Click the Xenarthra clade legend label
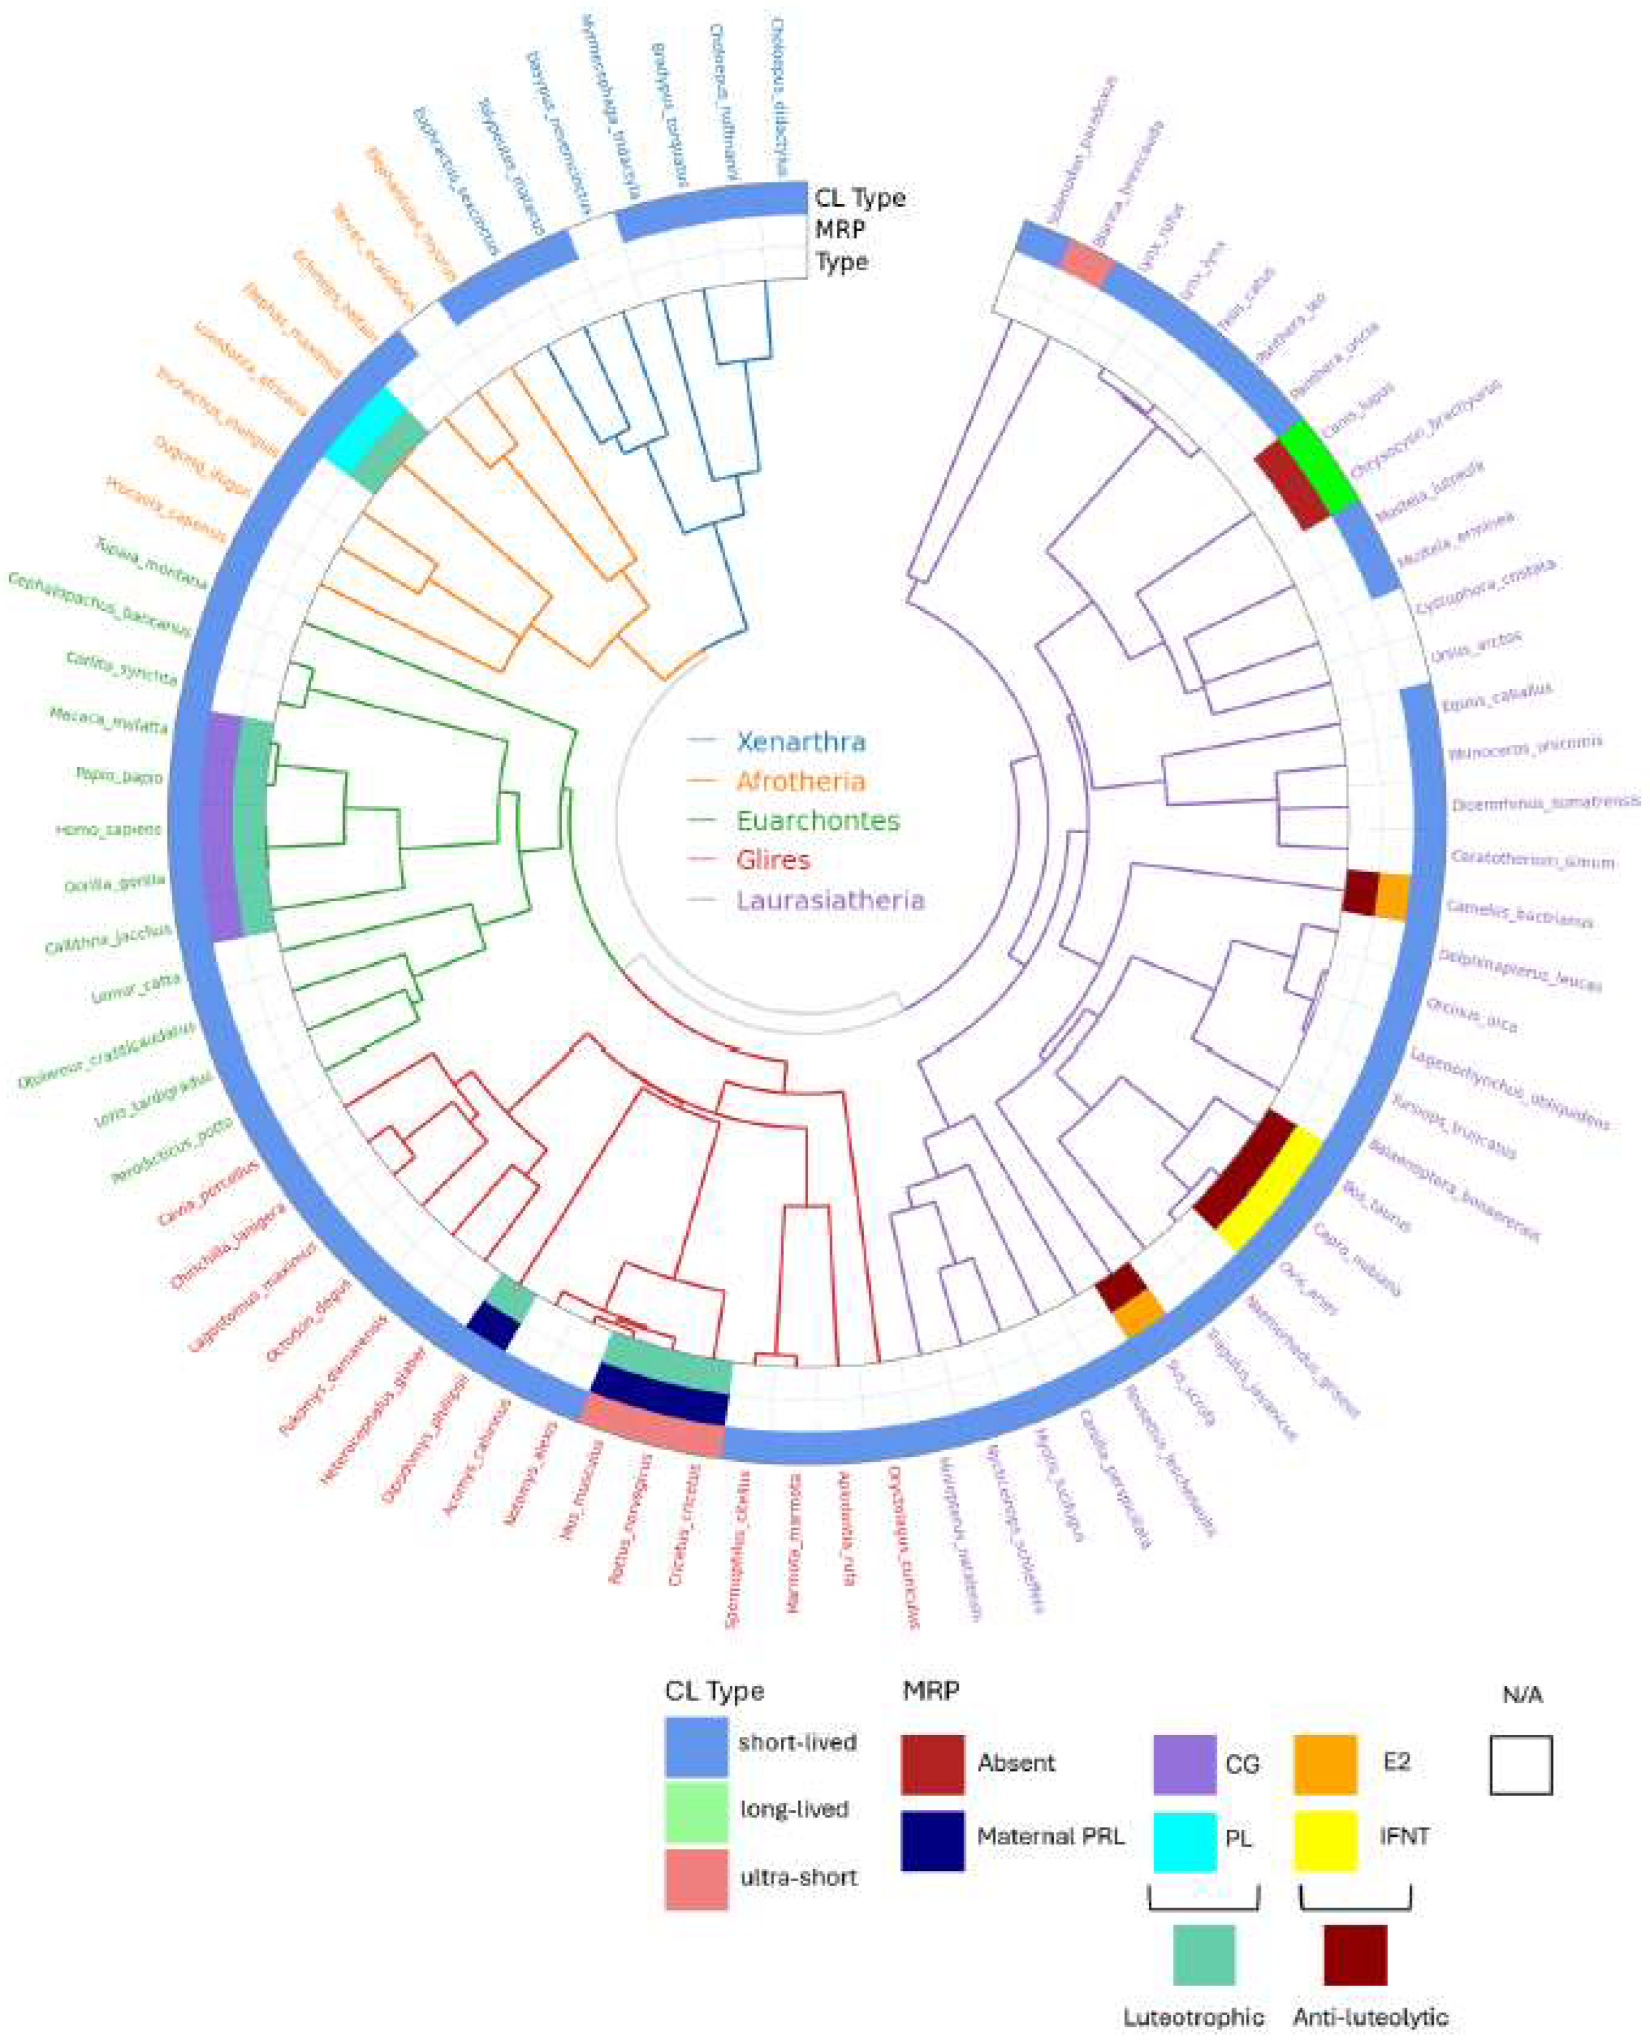point(801,742)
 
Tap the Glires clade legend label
point(775,860)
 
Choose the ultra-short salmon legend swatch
point(697,1878)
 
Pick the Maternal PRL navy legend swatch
point(932,1840)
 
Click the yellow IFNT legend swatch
point(1325,1840)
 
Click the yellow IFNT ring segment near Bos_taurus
point(1270,1194)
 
